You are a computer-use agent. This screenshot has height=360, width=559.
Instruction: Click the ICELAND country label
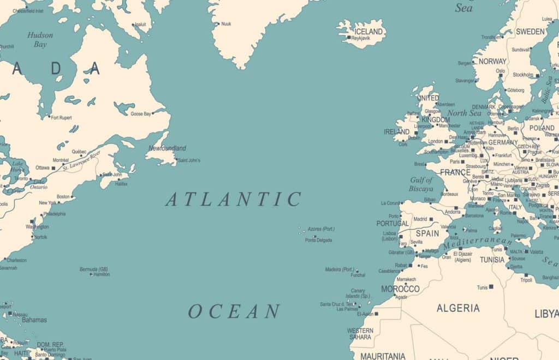point(369,31)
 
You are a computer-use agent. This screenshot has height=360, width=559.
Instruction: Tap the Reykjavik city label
point(361,38)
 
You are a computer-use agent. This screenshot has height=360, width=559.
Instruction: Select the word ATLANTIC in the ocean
point(233,199)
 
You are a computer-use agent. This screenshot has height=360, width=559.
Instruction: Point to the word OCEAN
point(234,311)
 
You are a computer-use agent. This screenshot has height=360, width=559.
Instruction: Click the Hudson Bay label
point(40,40)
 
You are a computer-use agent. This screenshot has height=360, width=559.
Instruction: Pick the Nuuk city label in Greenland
point(226,24)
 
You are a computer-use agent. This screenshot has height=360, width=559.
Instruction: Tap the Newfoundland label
point(168,148)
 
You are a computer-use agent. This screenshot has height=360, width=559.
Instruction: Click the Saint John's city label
point(189,160)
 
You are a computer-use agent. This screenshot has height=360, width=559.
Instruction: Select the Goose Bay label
point(141,113)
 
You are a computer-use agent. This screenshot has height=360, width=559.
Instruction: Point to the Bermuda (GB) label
point(94,269)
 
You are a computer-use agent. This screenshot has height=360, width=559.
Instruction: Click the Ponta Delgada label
point(318,240)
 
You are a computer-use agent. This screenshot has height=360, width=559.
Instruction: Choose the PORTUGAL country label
point(392,224)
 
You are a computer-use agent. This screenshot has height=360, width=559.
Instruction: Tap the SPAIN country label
point(427,233)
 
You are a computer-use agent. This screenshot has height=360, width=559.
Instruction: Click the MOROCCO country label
point(400,289)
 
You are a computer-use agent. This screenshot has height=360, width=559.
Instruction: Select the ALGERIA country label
point(458,308)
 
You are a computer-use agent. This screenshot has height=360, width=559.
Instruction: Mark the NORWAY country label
point(492,62)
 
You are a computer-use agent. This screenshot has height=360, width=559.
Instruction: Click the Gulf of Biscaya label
point(421,184)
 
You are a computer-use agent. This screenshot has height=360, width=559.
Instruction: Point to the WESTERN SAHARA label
point(360,334)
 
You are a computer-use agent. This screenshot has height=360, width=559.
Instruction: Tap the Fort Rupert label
point(61,117)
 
